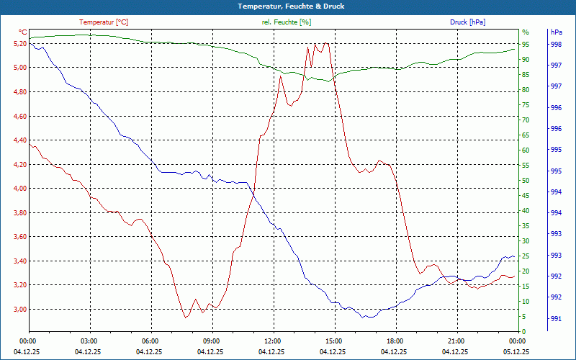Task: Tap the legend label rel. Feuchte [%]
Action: (287, 22)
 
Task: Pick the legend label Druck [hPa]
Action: (467, 22)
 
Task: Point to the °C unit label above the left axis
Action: (22, 32)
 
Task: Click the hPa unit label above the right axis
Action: (556, 32)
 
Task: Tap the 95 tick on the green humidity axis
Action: (526, 44)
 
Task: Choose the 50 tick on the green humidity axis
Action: (526, 181)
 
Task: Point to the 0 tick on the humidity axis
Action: (523, 332)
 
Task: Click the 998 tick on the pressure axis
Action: (556, 44)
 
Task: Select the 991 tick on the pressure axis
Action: (556, 318)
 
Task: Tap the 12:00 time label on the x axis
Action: (273, 341)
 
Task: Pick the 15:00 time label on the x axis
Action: (334, 341)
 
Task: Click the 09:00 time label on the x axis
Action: (212, 341)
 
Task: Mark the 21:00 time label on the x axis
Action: (456, 341)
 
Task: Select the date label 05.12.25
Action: (517, 351)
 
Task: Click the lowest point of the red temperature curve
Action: (185, 318)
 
